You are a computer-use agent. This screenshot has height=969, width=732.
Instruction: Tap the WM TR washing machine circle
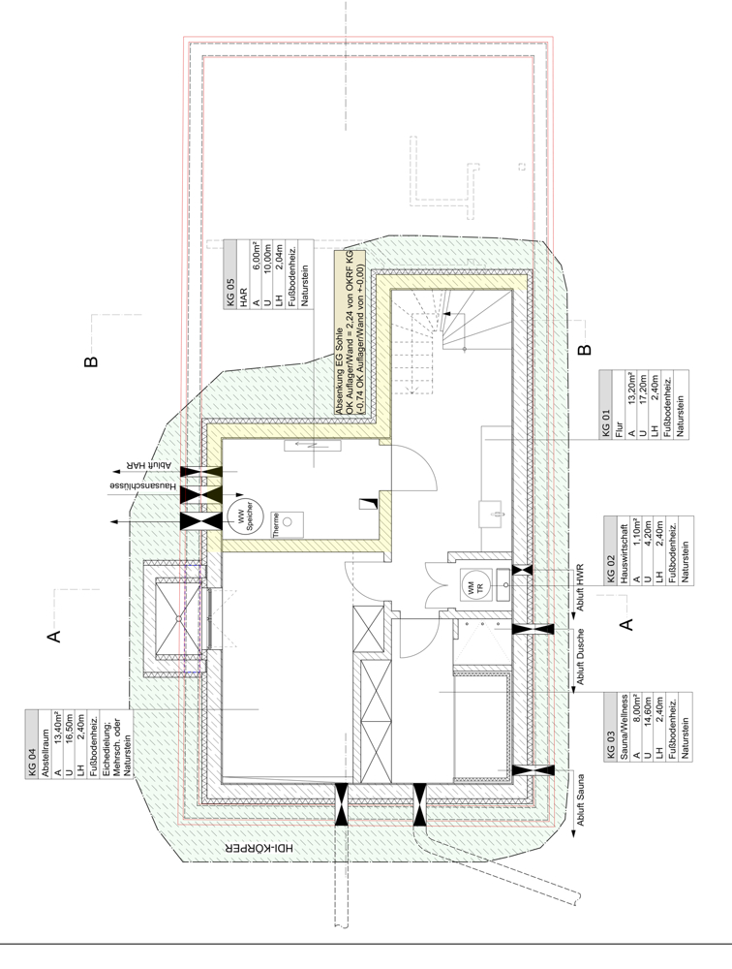476,585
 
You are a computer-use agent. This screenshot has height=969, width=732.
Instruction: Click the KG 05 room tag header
229,274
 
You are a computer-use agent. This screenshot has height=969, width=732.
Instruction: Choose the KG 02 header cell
611,550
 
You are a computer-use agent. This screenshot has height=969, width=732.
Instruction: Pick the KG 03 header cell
611,727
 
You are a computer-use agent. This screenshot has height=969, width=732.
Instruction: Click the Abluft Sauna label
580,800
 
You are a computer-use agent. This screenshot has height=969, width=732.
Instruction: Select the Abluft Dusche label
580,657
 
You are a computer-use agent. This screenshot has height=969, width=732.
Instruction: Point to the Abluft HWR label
580,587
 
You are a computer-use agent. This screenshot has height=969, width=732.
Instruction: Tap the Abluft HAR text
148,465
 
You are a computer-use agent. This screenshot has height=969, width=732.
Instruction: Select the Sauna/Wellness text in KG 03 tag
624,727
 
